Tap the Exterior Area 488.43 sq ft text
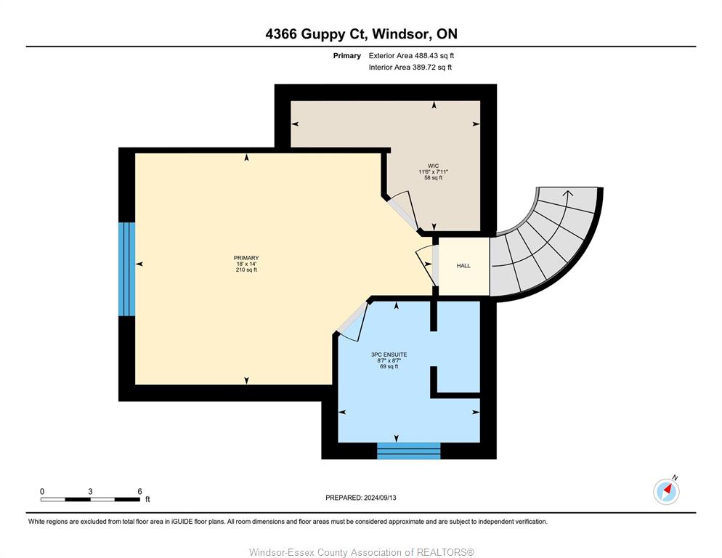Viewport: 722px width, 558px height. click(x=411, y=56)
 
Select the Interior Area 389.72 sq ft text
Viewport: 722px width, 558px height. click(x=410, y=68)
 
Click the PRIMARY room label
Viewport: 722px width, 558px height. click(x=246, y=258)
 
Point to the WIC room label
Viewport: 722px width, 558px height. click(x=434, y=166)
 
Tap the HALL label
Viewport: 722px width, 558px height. click(x=463, y=266)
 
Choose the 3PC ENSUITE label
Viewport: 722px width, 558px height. click(x=389, y=355)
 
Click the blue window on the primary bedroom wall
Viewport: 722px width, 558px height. click(x=126, y=269)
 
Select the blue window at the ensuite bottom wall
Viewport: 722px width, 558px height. click(x=408, y=450)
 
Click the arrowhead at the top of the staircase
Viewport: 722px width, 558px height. click(x=568, y=193)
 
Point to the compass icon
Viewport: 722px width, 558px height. click(x=666, y=491)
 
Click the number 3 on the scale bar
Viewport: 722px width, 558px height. click(x=90, y=492)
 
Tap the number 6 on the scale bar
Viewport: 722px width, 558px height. click(x=139, y=492)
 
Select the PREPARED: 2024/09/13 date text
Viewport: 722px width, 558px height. click(x=361, y=498)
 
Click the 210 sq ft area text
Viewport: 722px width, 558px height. click(x=246, y=270)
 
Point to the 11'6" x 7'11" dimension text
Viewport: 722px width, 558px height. click(x=434, y=172)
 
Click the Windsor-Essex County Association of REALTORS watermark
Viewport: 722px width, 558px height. click(x=362, y=552)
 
